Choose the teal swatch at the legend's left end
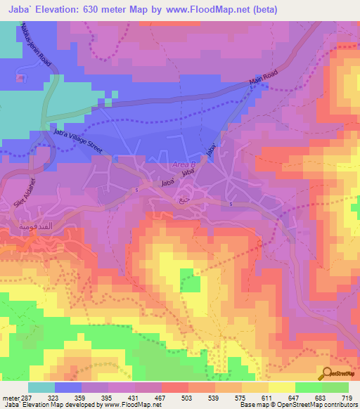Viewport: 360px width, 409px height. [41, 387]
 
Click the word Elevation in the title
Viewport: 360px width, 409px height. [63, 10]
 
